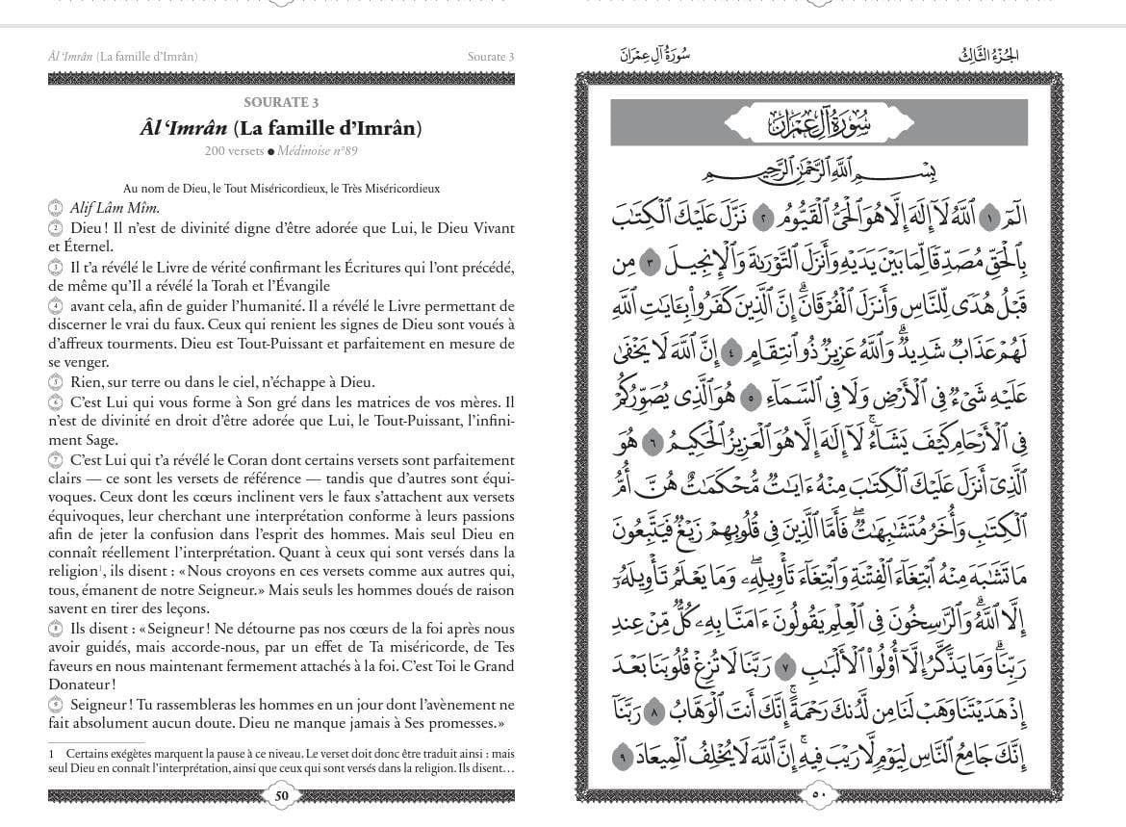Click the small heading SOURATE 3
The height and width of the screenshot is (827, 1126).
pos(281,103)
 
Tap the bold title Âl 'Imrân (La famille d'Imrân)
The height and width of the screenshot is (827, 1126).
pos(281,128)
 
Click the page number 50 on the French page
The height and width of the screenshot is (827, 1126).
pos(281,795)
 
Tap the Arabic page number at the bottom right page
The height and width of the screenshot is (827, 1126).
pos(819,795)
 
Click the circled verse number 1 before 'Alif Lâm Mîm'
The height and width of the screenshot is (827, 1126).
pos(55,208)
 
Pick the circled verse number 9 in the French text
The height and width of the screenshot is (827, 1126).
pos(55,706)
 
